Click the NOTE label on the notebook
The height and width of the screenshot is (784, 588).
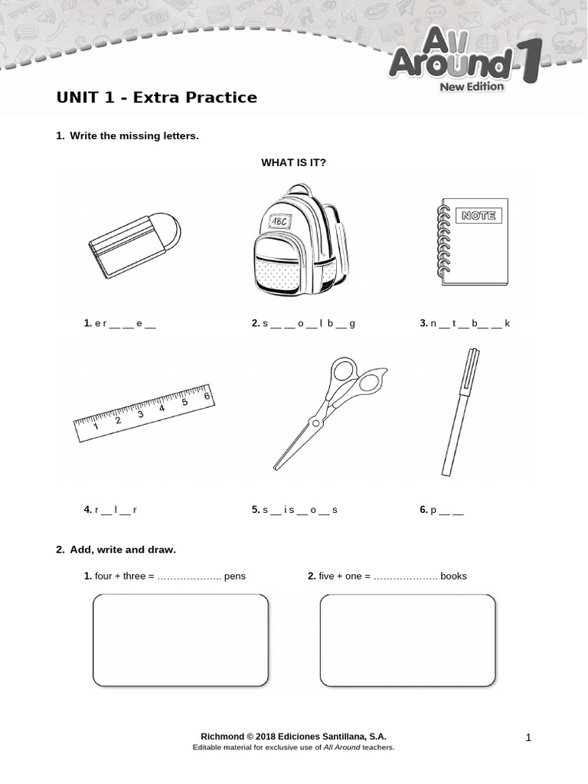479,216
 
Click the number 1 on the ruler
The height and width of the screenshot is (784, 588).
96,426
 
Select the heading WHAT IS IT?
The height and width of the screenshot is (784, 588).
293,162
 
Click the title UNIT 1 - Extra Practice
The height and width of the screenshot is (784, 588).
156,98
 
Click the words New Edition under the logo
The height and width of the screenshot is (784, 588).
471,87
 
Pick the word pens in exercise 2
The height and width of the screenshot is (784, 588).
234,576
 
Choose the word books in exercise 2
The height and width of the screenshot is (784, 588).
453,576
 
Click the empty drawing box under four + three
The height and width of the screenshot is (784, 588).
180,640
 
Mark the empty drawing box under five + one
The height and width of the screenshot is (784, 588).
407,640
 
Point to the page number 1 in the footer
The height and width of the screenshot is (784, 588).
528,737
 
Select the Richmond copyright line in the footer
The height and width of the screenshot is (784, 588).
293,736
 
